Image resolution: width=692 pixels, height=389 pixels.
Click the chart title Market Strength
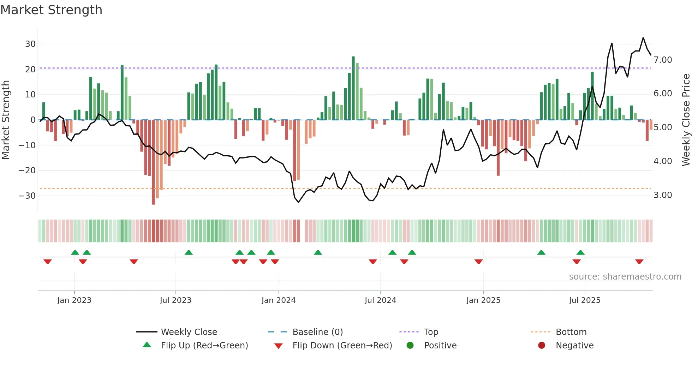point(51,10)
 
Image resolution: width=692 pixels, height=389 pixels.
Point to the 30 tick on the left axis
point(30,44)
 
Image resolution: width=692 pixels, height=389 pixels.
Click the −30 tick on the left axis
point(28,196)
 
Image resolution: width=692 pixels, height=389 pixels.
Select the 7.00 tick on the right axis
point(663,60)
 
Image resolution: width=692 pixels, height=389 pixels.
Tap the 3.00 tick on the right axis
point(663,195)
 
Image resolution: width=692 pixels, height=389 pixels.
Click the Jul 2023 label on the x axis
point(175,300)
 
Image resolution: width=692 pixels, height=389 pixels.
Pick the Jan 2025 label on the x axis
point(483,300)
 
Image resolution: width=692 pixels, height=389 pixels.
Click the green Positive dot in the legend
point(410,345)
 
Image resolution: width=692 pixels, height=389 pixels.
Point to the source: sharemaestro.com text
point(625,277)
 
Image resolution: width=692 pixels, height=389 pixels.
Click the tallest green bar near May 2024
point(353,88)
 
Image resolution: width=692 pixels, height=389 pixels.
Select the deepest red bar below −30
point(153,162)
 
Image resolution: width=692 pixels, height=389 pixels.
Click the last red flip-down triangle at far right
point(639,262)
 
